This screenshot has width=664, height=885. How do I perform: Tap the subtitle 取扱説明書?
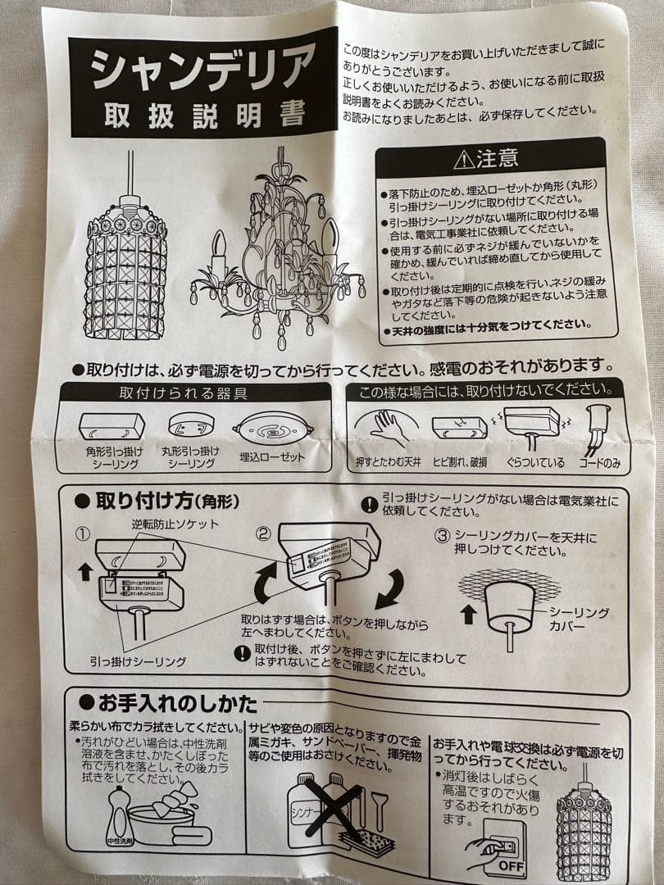pyautogui.click(x=204, y=116)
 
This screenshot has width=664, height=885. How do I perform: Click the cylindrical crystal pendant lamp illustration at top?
pyautogui.click(x=125, y=262)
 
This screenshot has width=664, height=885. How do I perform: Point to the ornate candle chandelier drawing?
pyautogui.click(x=277, y=250)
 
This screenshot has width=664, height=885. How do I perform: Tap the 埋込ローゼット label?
pyautogui.click(x=272, y=457)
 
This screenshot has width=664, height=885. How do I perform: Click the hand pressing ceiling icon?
pyautogui.click(x=385, y=426)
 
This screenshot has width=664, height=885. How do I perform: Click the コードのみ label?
pyautogui.click(x=599, y=463)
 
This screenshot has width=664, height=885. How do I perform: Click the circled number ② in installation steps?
pyautogui.click(x=263, y=533)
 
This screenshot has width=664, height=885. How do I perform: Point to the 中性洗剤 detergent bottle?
pyautogui.click(x=120, y=816)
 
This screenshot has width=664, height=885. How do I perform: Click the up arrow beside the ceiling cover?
pyautogui.click(x=468, y=614)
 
